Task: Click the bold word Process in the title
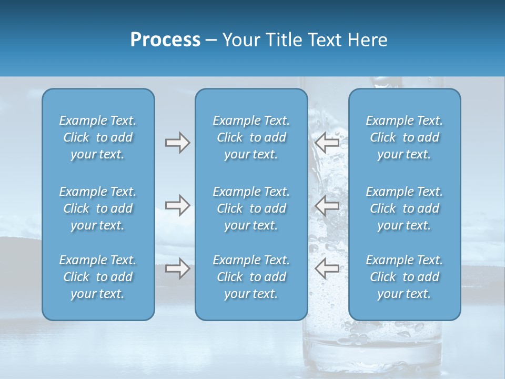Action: pyautogui.click(x=165, y=39)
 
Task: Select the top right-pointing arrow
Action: pyautogui.click(x=177, y=143)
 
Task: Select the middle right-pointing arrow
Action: pyautogui.click(x=177, y=205)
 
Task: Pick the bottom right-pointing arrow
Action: pyautogui.click(x=177, y=268)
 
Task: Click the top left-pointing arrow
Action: pyautogui.click(x=327, y=143)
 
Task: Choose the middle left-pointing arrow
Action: pyautogui.click(x=327, y=205)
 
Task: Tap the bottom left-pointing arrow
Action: pyautogui.click(x=327, y=268)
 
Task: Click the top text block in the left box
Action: pyautogui.click(x=98, y=137)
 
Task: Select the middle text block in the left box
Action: pyautogui.click(x=98, y=208)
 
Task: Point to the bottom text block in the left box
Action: pyautogui.click(x=98, y=277)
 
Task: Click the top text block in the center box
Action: pyautogui.click(x=251, y=137)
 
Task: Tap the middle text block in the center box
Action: pyautogui.click(x=251, y=208)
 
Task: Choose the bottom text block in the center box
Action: pyautogui.click(x=251, y=277)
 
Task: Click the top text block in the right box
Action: pyautogui.click(x=404, y=137)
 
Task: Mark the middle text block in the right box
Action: pyautogui.click(x=404, y=208)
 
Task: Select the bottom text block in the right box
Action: pyautogui.click(x=404, y=277)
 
